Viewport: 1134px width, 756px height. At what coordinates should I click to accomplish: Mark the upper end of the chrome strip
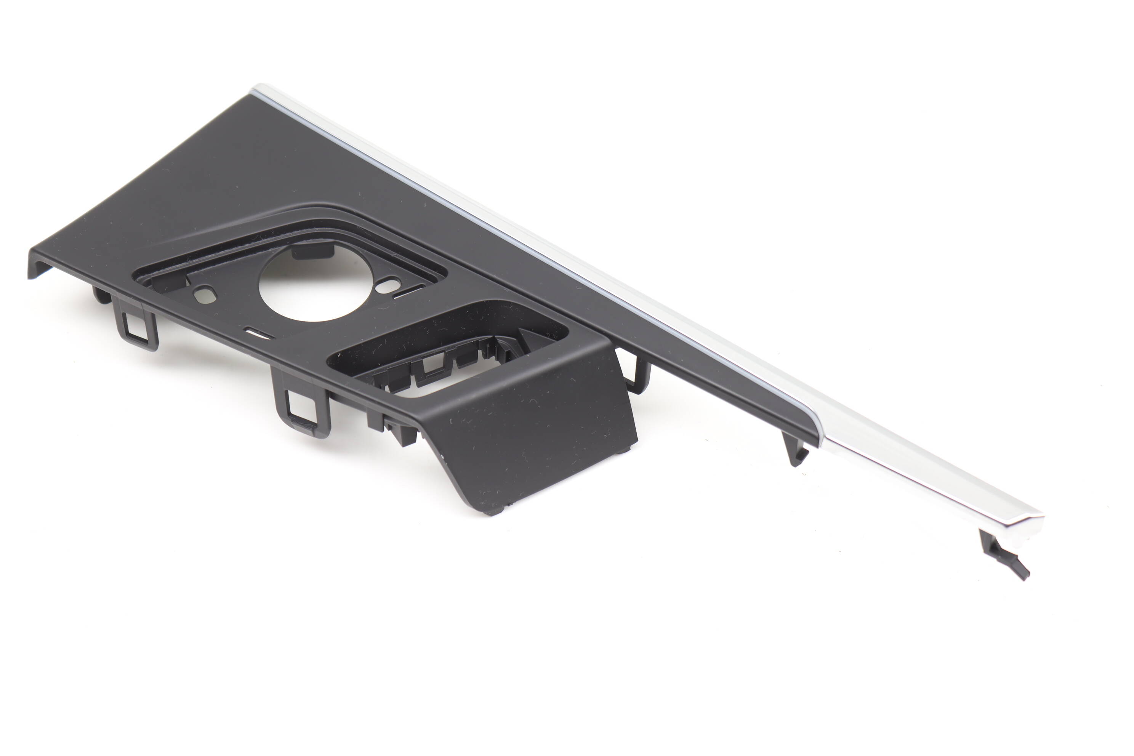pyautogui.click(x=263, y=91)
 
